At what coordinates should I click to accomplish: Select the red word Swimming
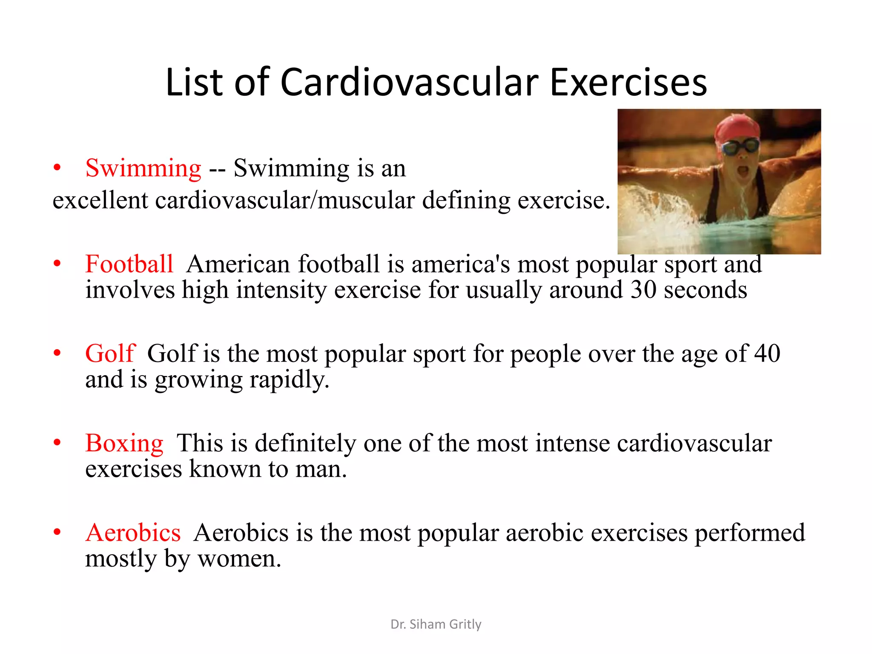click(x=143, y=168)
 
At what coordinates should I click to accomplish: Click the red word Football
click(x=129, y=264)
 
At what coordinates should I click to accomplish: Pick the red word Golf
click(x=110, y=353)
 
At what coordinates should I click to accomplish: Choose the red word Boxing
click(x=124, y=443)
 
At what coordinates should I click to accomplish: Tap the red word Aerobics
click(x=133, y=533)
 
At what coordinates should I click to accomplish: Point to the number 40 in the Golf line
click(x=767, y=353)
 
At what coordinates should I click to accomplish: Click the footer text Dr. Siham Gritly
click(x=436, y=624)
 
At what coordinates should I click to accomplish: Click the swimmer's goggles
click(x=741, y=147)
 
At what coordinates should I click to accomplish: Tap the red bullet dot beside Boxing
click(x=57, y=443)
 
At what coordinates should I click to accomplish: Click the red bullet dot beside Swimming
click(x=57, y=168)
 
